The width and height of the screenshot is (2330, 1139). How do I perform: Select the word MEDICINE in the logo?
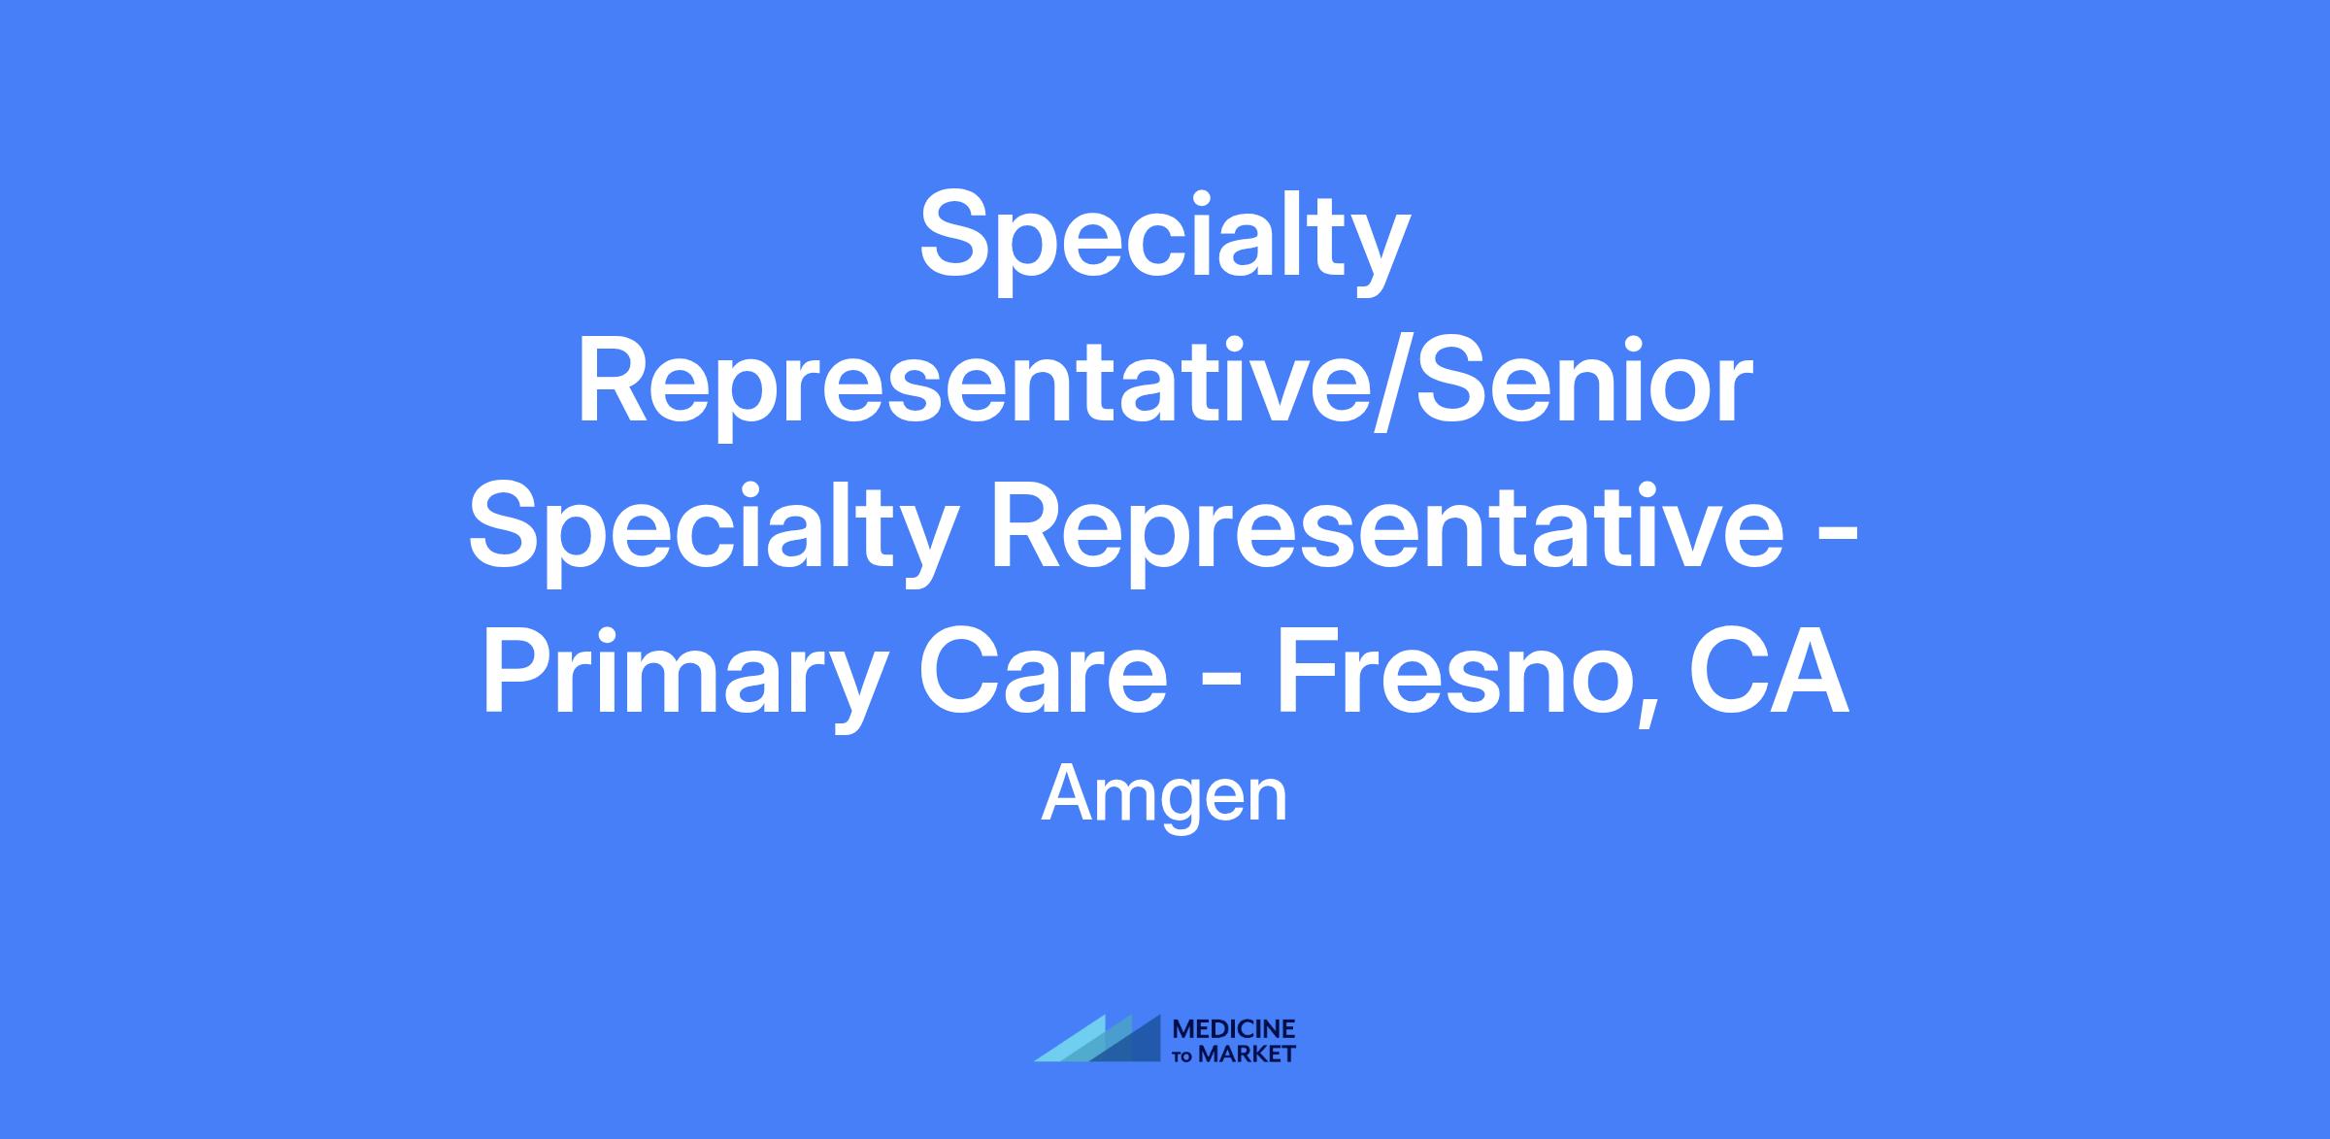pyautogui.click(x=1234, y=1029)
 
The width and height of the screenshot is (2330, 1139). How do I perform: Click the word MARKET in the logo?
pyautogui.click(x=1248, y=1055)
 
